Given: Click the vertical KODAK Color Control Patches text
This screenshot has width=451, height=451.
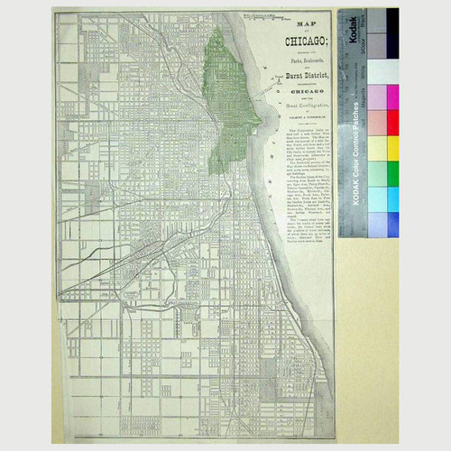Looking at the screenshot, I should click(355, 171).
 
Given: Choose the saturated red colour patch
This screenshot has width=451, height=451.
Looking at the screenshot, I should click(393, 123).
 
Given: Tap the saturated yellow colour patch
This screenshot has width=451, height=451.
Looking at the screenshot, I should click(393, 148).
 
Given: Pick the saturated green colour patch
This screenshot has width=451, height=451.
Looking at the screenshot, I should click(393, 173).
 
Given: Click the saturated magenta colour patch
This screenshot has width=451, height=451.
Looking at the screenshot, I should click(393, 97).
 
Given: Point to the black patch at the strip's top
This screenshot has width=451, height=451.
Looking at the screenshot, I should click(393, 22).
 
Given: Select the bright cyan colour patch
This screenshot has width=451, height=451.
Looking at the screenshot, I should click(393, 198).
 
